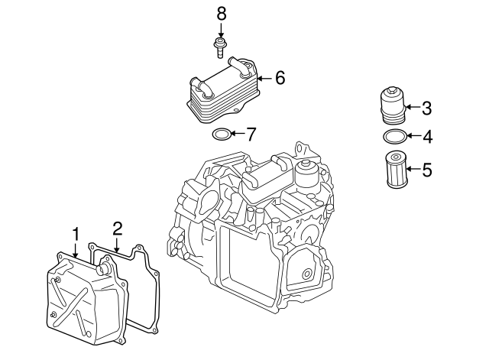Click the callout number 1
coord(76,232)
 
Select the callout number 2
coord(118,228)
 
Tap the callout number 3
coord(427,108)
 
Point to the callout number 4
coord(427,138)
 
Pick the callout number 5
coord(427,170)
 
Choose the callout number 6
coord(280,77)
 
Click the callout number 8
coord(222,12)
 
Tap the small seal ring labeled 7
coord(221,135)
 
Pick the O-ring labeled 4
coord(393,138)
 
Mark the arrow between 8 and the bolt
coord(222,30)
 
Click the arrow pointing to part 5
coord(412,170)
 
